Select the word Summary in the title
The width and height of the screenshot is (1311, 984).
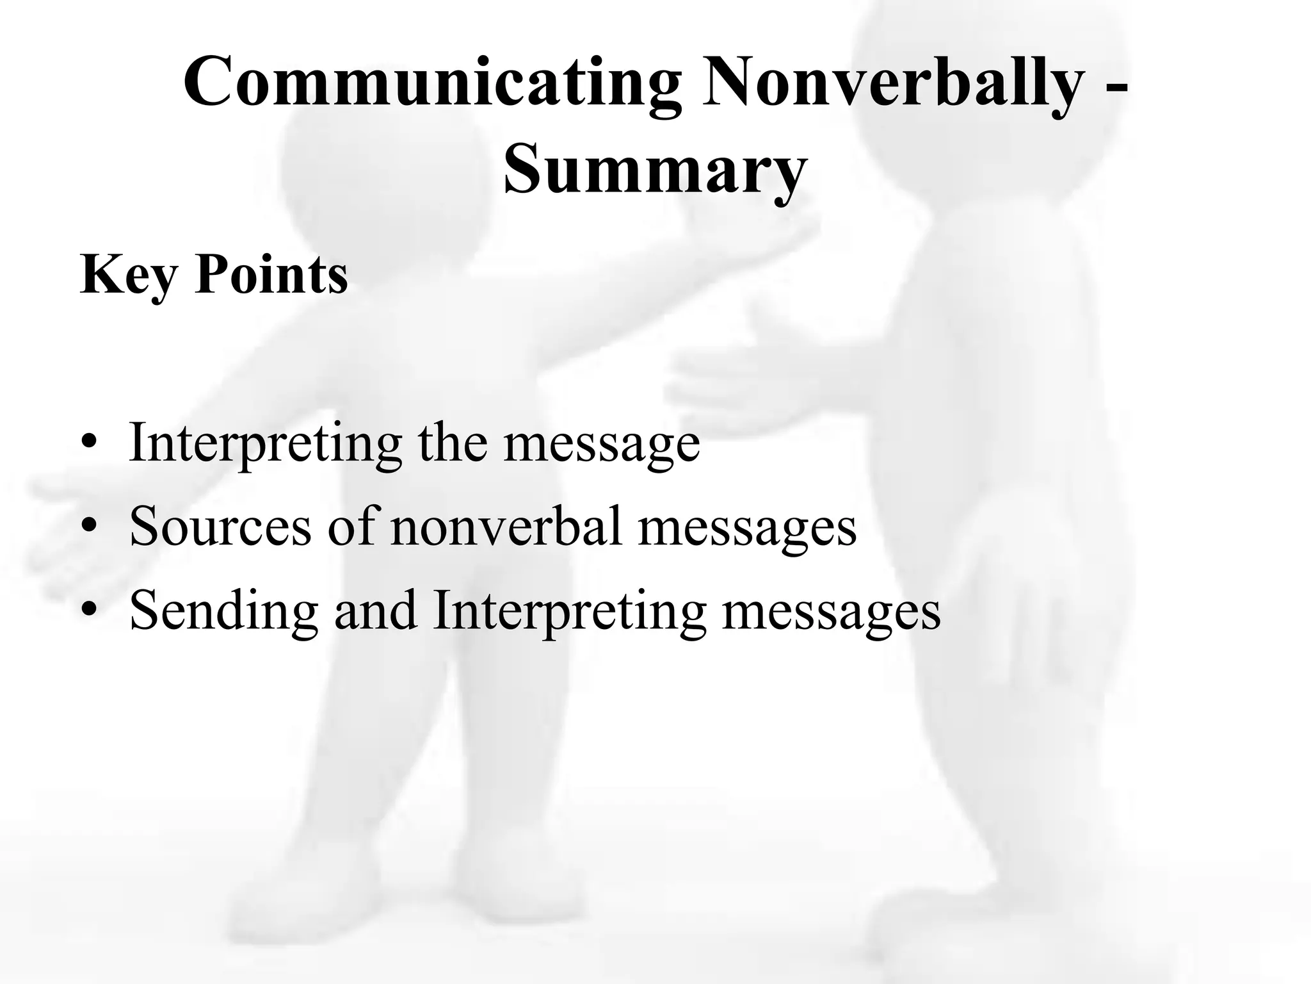point(654,169)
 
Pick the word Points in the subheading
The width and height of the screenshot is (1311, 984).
point(272,274)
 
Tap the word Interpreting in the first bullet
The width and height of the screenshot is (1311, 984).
point(265,443)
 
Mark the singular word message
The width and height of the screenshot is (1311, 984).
point(602,445)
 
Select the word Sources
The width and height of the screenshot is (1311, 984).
point(220,527)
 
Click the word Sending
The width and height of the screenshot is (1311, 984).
point(223,611)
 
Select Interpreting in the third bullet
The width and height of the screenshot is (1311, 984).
point(569,611)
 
